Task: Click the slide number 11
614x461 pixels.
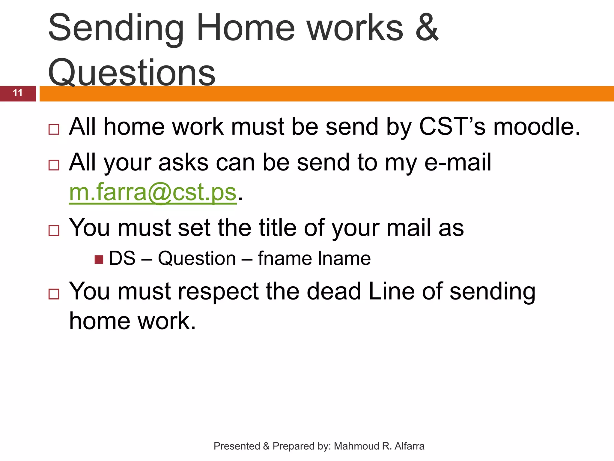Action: pyautogui.click(x=18, y=93)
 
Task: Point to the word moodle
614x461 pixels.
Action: pyautogui.click(x=536, y=127)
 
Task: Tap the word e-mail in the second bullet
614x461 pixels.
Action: pyautogui.click(x=458, y=162)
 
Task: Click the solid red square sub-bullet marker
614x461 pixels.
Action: pyautogui.click(x=99, y=259)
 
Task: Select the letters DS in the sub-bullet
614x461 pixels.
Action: pyautogui.click(x=122, y=258)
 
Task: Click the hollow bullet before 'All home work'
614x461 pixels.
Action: pyautogui.click(x=54, y=130)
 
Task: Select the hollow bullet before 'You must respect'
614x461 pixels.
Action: pyautogui.click(x=54, y=294)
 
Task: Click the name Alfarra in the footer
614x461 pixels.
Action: pyautogui.click(x=409, y=446)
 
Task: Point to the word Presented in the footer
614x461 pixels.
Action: pyautogui.click(x=237, y=446)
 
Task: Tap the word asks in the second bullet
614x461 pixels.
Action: pyautogui.click(x=183, y=162)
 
